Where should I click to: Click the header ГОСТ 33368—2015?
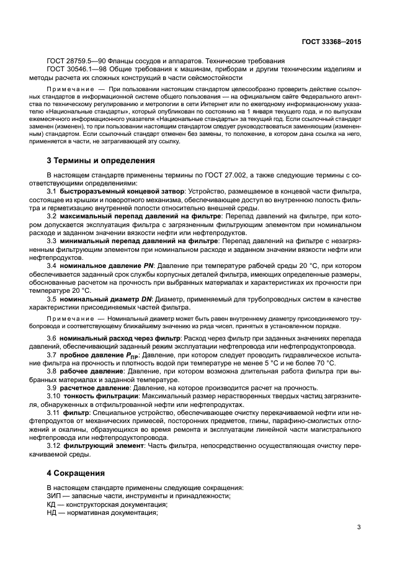pyautogui.click(x=330, y=42)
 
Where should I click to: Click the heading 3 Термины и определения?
pyautogui.click(x=101, y=161)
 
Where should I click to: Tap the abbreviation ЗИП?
pyautogui.click(x=55, y=496)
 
